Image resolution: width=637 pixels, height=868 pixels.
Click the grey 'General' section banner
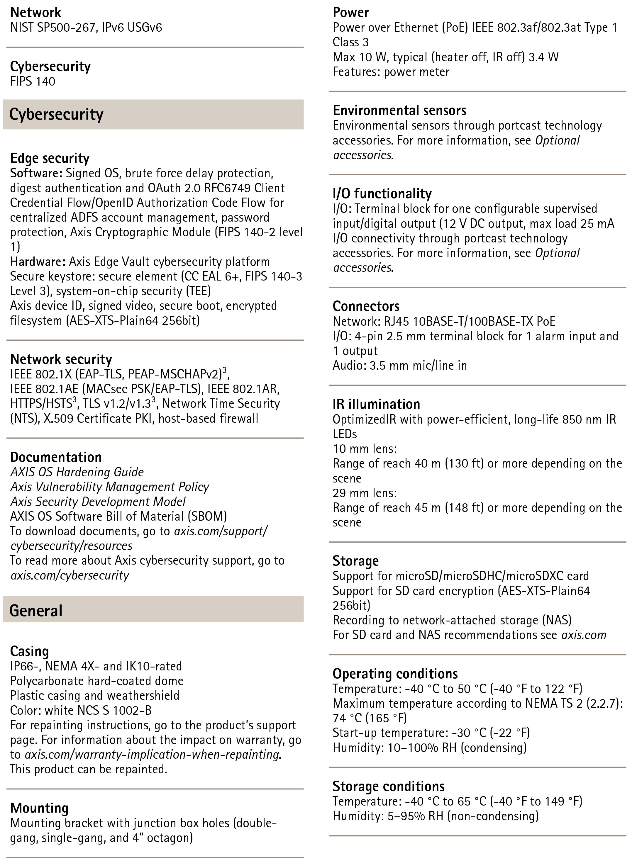click(x=153, y=611)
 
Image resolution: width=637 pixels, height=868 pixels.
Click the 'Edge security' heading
click(x=50, y=158)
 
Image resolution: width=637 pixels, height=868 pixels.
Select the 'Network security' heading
click(x=61, y=359)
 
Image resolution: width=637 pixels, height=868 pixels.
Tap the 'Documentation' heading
click(x=56, y=457)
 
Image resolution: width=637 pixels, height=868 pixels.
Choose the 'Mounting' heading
click(x=39, y=808)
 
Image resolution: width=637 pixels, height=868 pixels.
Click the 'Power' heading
click(x=350, y=12)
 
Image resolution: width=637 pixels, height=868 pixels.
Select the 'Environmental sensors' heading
click(x=399, y=110)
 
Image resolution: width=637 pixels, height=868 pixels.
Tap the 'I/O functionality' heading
click(x=382, y=193)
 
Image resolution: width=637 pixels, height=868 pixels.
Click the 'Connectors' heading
click(x=366, y=306)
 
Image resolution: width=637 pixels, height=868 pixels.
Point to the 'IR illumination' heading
click(x=376, y=404)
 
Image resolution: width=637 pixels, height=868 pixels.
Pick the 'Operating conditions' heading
click(x=395, y=673)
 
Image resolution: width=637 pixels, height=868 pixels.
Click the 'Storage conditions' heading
click(x=388, y=786)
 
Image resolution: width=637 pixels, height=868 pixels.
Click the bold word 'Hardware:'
click(x=38, y=262)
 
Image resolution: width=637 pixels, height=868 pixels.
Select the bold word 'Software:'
click(x=36, y=173)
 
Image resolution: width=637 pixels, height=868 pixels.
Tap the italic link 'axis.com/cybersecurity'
click(x=70, y=575)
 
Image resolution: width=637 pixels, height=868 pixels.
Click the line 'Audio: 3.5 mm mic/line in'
click(x=399, y=365)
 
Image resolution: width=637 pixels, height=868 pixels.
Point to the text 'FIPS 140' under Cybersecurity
click(x=33, y=81)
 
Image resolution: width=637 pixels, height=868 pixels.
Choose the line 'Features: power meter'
click(x=391, y=72)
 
